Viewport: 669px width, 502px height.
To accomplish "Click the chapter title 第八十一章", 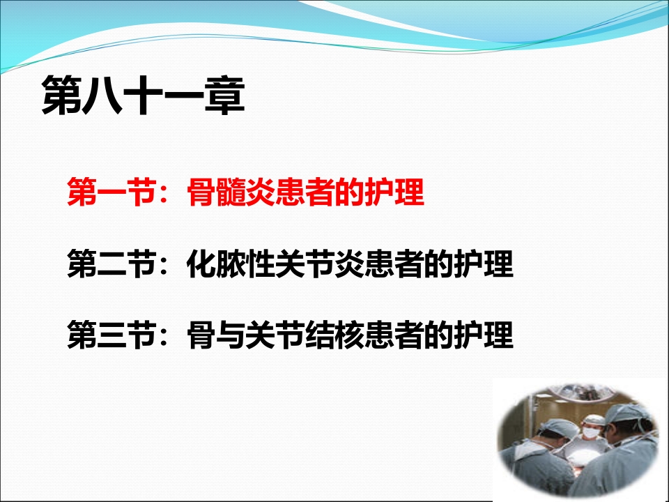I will coord(144,96).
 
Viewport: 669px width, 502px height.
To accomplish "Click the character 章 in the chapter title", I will coord(225,96).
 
